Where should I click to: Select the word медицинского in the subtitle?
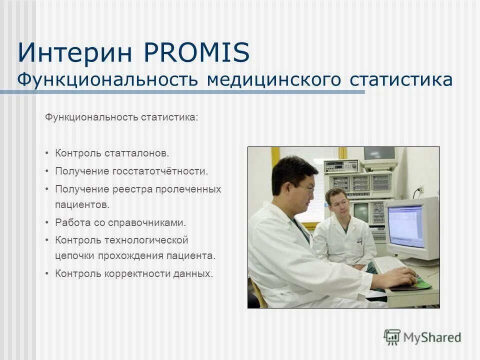(x=275, y=80)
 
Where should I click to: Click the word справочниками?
(x=152, y=222)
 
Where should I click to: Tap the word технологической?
(x=146, y=240)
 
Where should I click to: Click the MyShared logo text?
(x=432, y=337)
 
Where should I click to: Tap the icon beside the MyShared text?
(x=392, y=337)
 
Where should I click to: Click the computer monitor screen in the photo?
(x=405, y=225)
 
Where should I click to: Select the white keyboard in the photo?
(x=389, y=264)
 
